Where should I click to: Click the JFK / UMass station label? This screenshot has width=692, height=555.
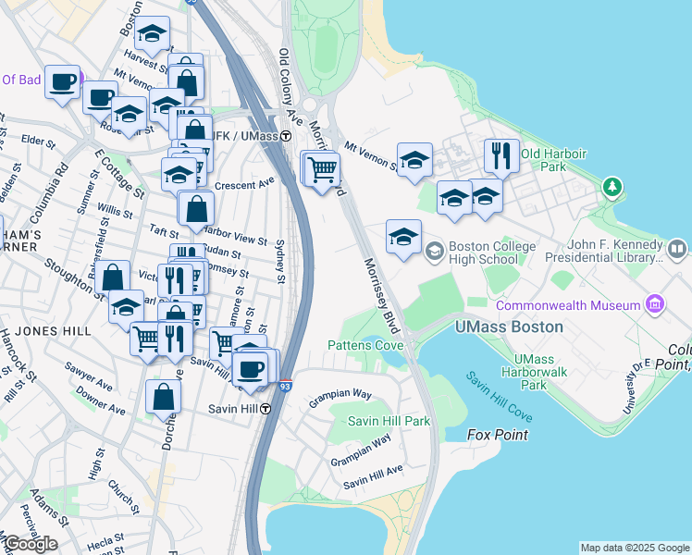pyautogui.click(x=242, y=136)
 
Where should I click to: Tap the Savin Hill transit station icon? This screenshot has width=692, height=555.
pyautogui.click(x=265, y=409)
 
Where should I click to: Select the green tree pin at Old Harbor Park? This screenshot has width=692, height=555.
pyautogui.click(x=611, y=187)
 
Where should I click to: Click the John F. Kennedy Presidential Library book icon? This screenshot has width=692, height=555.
pyautogui.click(x=677, y=249)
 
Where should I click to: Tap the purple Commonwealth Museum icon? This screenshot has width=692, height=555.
pyautogui.click(x=655, y=304)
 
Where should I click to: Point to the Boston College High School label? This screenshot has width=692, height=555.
pyautogui.click(x=492, y=253)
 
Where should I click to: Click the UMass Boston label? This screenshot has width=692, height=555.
pyautogui.click(x=510, y=327)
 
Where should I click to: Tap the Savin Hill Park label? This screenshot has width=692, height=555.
pyautogui.click(x=389, y=421)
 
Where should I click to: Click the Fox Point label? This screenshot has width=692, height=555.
pyautogui.click(x=498, y=435)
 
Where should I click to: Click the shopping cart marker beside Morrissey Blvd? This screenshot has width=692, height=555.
pyautogui.click(x=322, y=169)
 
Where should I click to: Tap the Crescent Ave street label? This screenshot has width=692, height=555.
pyautogui.click(x=245, y=184)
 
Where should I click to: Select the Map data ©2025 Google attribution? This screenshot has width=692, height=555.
pyautogui.click(x=635, y=548)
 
